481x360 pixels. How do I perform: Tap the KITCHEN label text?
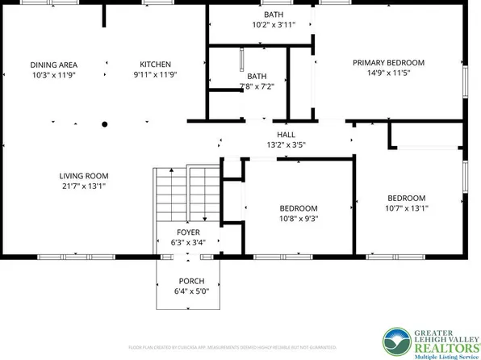click(x=155, y=65)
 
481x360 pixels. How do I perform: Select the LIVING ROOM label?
click(x=83, y=176)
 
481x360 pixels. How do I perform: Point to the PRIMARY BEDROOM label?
click(x=388, y=62)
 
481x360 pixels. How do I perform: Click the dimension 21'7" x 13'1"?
click(x=83, y=186)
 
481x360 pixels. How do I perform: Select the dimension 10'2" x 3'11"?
click(x=274, y=25)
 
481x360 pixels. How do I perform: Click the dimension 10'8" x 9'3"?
click(x=298, y=217)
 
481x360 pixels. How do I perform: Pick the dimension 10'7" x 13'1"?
click(x=406, y=207)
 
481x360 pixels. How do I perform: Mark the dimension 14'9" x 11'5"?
click(x=388, y=72)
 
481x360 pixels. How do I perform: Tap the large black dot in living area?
click(x=104, y=124)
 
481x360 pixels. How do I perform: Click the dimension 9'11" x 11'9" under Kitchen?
click(x=155, y=74)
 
